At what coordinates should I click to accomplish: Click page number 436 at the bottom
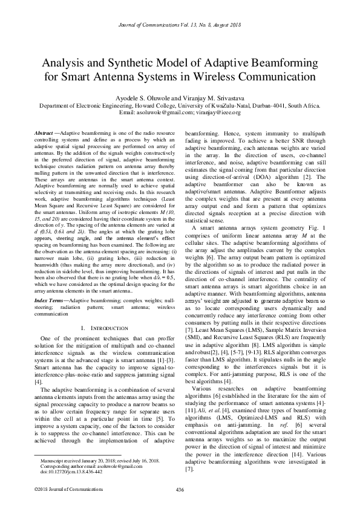pyautogui.click(x=180, y=488)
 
